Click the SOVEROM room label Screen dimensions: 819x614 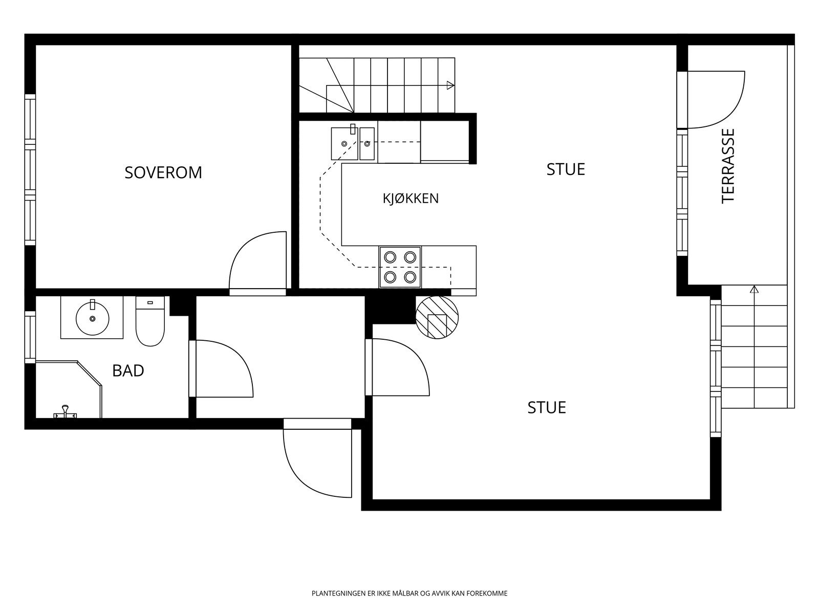[x=163, y=172]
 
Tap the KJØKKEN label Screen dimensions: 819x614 [x=411, y=199]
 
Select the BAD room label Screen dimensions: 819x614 [x=128, y=370]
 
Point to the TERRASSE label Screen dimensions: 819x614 [x=728, y=166]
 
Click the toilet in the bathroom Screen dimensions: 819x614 [x=150, y=321]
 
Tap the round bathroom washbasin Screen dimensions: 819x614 [x=92, y=318]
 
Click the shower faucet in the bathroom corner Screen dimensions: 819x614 [x=66, y=411]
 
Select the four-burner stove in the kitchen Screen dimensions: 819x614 [x=400, y=267]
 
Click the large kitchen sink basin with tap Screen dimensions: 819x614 [x=344, y=143]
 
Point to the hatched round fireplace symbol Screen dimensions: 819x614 [x=437, y=317]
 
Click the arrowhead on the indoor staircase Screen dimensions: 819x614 [x=450, y=85]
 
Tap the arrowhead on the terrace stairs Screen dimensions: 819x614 [x=754, y=289]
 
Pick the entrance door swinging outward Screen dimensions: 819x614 [x=317, y=464]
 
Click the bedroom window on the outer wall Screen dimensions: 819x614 [x=30, y=170]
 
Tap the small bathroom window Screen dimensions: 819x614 [x=30, y=337]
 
